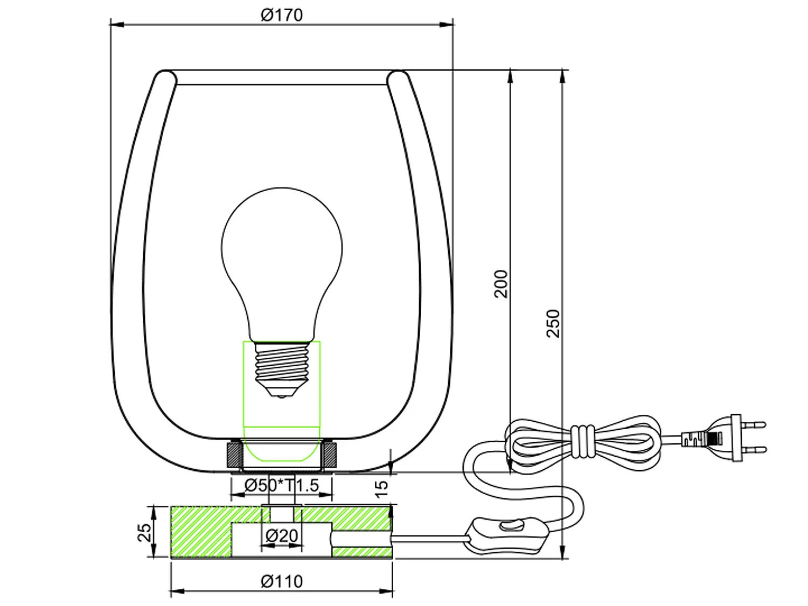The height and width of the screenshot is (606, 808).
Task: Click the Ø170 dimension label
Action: [281, 15]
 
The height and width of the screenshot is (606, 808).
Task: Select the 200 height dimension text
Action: [501, 284]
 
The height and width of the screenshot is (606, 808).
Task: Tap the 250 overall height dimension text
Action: [553, 323]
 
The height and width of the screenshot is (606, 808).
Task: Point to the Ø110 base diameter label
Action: [281, 581]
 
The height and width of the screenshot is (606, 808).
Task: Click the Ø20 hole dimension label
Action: [281, 535]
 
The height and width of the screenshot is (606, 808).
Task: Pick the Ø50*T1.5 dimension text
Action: [281, 485]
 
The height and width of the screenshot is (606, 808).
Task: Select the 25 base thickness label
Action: [144, 532]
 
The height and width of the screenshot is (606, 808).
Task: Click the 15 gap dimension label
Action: [381, 487]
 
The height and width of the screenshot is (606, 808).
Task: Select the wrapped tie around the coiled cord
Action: [582, 442]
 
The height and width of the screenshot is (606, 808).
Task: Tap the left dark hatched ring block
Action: [234, 454]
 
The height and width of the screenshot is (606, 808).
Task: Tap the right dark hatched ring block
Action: [330, 454]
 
